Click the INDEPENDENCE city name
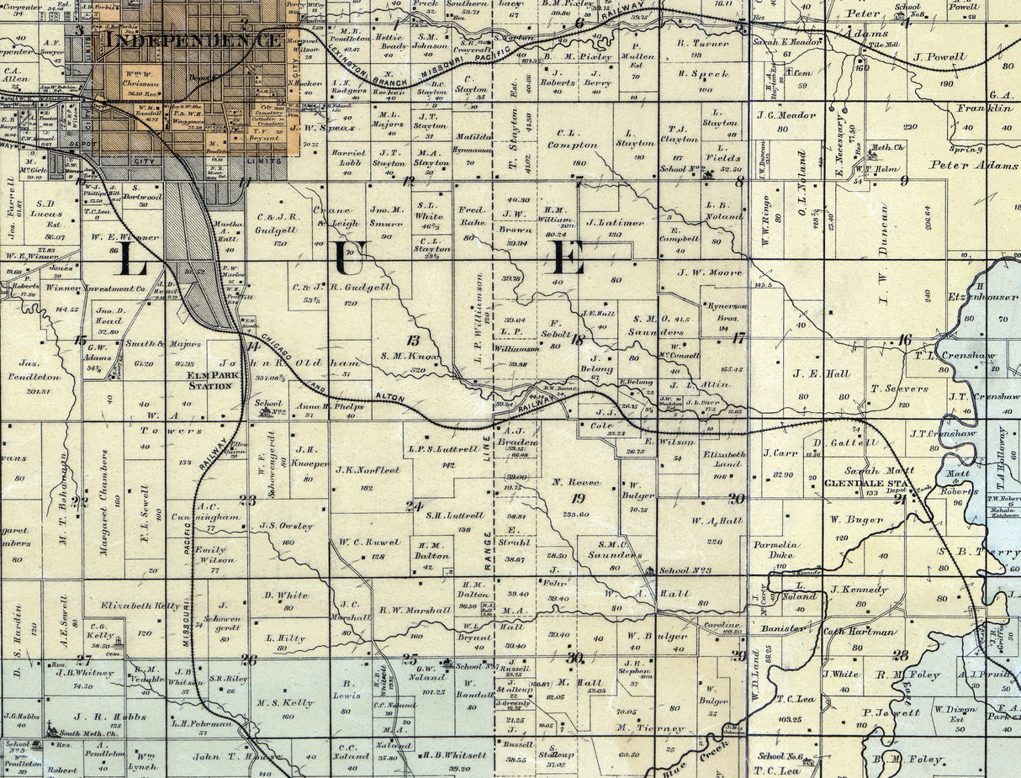(x=193, y=39)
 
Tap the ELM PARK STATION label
(x=210, y=381)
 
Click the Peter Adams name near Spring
(x=974, y=166)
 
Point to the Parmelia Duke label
(x=774, y=549)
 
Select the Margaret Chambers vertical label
(x=104, y=502)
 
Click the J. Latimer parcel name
(x=615, y=223)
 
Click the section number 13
(x=412, y=340)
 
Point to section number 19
(x=578, y=498)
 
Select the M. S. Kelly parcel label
(x=285, y=702)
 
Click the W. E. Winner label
(x=123, y=237)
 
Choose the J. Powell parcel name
(x=939, y=57)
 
